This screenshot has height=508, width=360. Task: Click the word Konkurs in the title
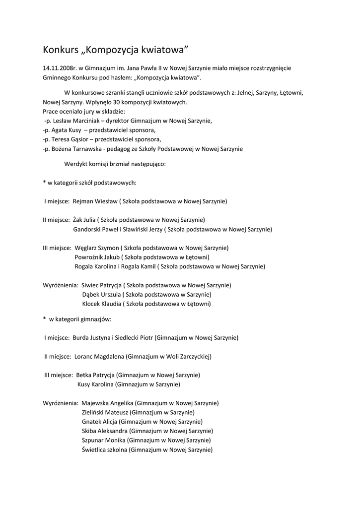pos(60,50)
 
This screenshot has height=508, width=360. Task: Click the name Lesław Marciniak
pos(74,121)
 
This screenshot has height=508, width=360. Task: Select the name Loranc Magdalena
pos(99,356)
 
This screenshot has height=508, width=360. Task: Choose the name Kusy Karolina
pos(95,384)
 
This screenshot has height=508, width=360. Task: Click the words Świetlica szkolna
pos(104,449)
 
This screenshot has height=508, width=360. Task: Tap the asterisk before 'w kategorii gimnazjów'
pos(44,319)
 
